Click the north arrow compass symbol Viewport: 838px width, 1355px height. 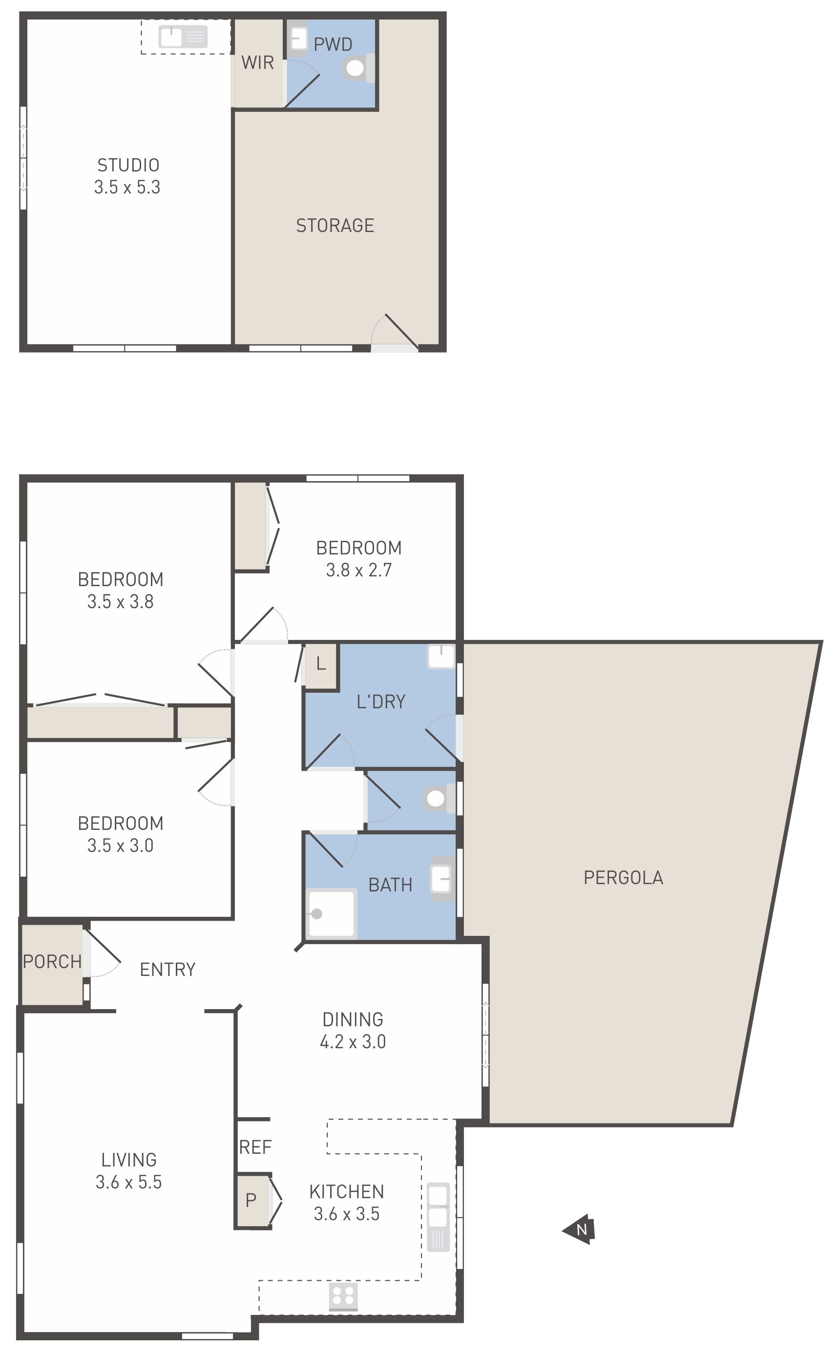(579, 1229)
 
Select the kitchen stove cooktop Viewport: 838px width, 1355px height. (343, 1297)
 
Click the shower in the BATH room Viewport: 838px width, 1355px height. (332, 913)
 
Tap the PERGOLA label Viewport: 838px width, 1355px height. (624, 877)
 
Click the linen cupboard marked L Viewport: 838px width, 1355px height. (321, 666)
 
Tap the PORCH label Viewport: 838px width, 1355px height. (52, 961)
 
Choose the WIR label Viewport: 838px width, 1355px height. (258, 63)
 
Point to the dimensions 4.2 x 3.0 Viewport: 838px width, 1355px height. (353, 1042)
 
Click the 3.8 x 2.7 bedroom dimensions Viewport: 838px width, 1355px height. (359, 570)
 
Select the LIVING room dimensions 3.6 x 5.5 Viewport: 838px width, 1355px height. (128, 1182)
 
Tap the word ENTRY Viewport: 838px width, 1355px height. (168, 969)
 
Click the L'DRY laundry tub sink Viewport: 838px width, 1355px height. (441, 656)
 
